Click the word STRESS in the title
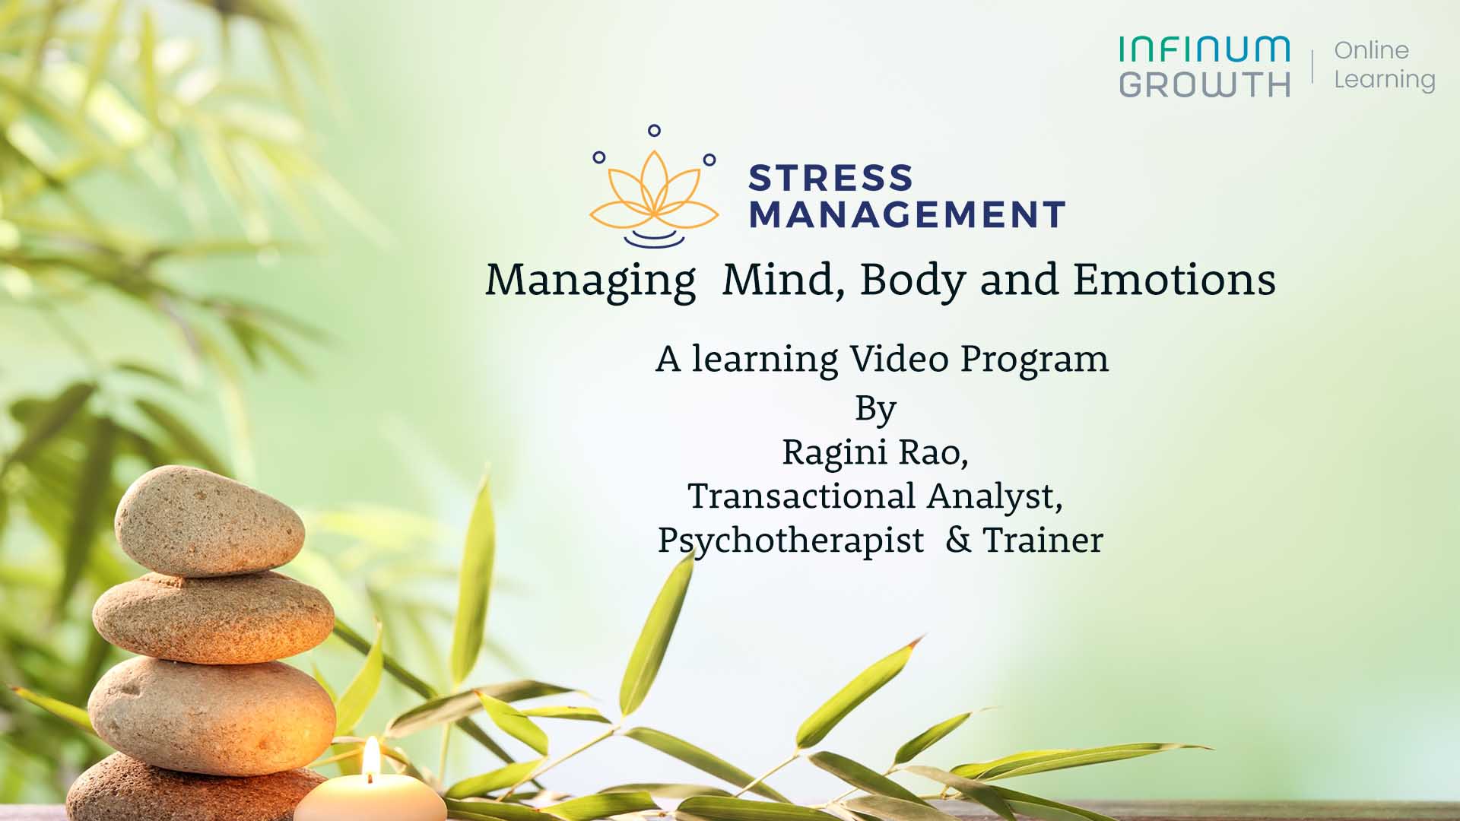830,178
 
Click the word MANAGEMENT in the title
907,214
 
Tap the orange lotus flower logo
654,194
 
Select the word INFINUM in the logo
1204,49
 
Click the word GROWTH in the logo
1204,84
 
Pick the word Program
1034,360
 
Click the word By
876,410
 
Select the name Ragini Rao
875,453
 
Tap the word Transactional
801,496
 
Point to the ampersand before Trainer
960,540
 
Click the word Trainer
1043,540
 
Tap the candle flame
371,757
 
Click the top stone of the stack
209,521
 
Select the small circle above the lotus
654,131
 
